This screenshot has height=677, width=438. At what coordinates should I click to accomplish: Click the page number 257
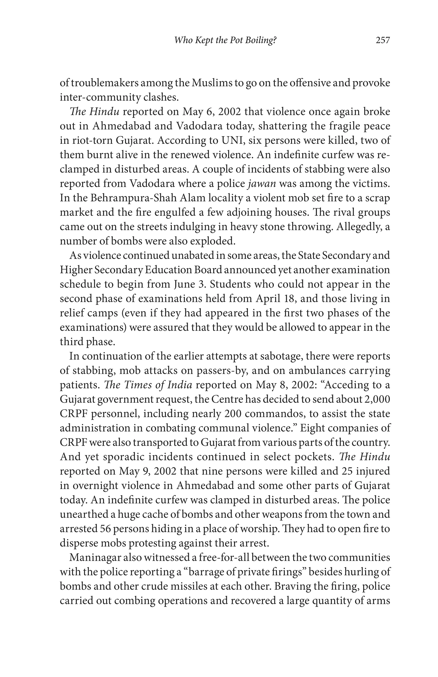[383, 40]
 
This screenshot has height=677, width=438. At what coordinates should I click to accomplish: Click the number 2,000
[377, 399]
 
